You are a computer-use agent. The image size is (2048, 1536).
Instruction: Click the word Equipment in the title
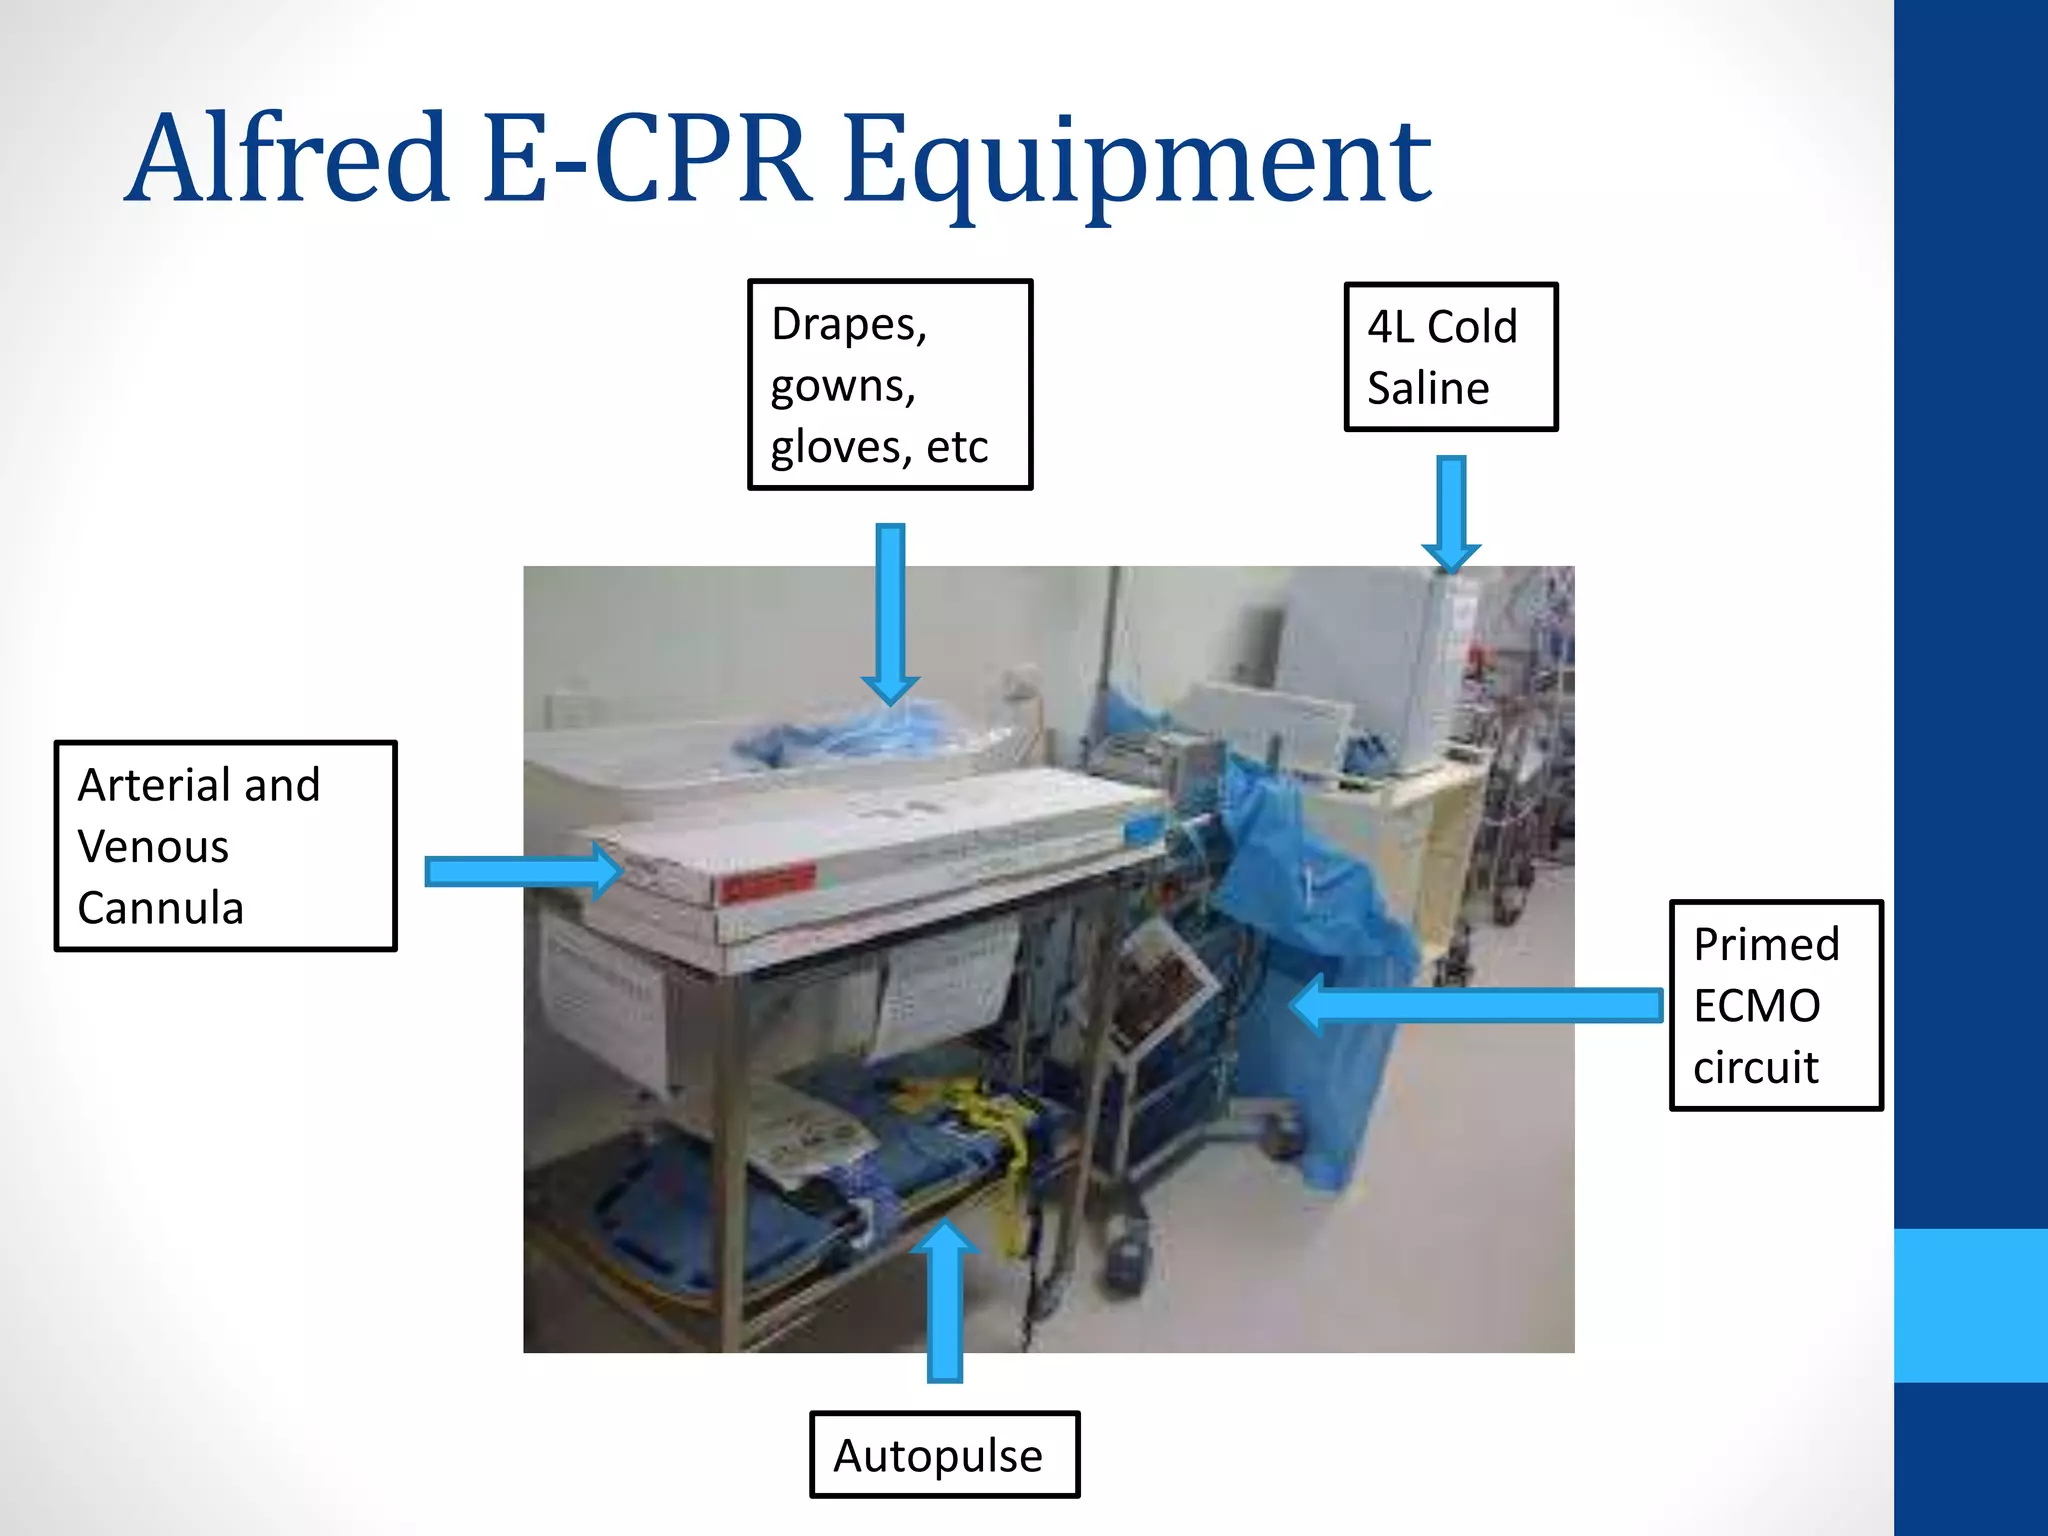1137,160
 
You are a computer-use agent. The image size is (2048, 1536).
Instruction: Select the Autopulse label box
943,1455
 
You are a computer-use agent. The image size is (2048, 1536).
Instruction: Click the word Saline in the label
1428,388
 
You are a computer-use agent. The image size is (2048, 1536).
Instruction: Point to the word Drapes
849,325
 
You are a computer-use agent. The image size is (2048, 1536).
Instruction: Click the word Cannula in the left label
161,908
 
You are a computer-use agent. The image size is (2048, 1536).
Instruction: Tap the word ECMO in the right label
1756,1005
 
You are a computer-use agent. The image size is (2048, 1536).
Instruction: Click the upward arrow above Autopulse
944,1300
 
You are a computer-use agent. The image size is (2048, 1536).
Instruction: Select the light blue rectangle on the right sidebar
1970,1305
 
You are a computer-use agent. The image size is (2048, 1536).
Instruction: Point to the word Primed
1766,944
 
